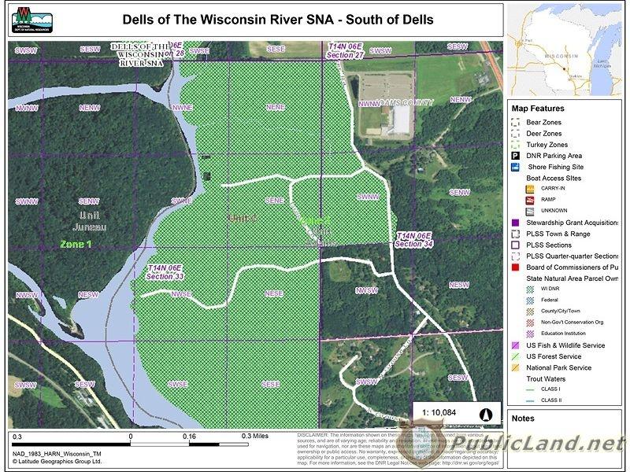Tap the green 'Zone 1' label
pyautogui.click(x=76, y=245)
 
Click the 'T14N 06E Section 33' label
pyautogui.click(x=165, y=271)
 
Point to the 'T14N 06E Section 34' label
pyautogui.click(x=414, y=240)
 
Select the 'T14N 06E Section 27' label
pyautogui.click(x=346, y=52)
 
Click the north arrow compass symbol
pyautogui.click(x=486, y=415)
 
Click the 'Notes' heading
pyautogui.click(x=524, y=419)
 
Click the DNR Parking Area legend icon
pyautogui.click(x=515, y=156)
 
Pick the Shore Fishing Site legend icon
pyautogui.click(x=515, y=167)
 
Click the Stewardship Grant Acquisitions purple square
pyautogui.click(x=515, y=223)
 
